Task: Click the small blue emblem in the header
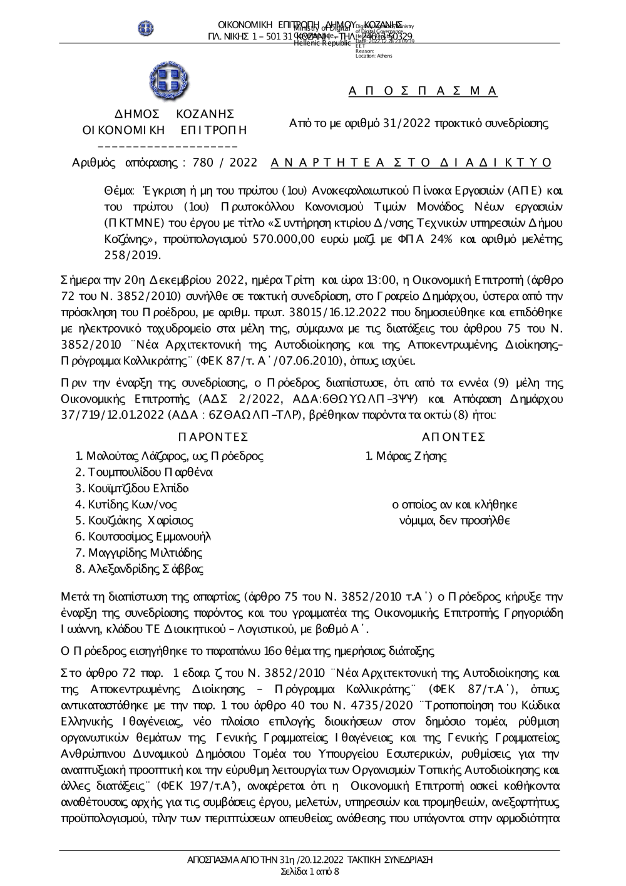tap(146, 28)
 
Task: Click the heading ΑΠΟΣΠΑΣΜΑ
tap(423, 91)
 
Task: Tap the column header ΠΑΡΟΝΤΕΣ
tap(213, 436)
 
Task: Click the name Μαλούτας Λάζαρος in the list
tap(131, 456)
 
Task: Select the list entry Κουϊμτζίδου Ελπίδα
tap(138, 488)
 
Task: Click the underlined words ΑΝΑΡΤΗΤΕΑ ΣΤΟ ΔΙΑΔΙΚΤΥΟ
tap(411, 163)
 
